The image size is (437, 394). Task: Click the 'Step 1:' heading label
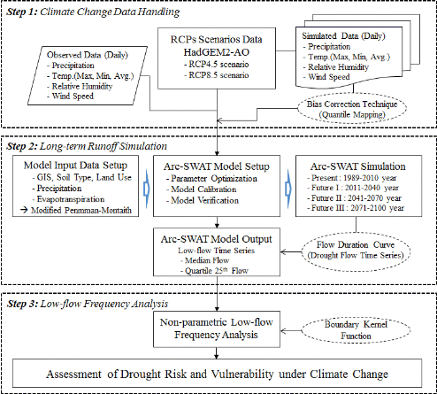(x=22, y=12)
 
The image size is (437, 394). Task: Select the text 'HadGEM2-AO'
(x=217, y=52)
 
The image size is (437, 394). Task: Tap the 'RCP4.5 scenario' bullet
(x=217, y=65)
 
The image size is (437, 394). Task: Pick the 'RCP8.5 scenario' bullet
(x=217, y=75)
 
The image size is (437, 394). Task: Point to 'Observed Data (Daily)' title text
(x=88, y=55)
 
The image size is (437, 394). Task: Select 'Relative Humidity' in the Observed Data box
(x=80, y=86)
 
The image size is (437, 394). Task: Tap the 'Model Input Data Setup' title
(x=75, y=166)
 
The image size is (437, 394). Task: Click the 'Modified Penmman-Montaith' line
(x=76, y=210)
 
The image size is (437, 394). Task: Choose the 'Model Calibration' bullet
(x=201, y=189)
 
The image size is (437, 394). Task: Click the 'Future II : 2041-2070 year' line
(x=354, y=197)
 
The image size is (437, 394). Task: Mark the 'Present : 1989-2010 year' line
(x=351, y=178)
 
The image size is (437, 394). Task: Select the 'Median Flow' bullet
(x=204, y=260)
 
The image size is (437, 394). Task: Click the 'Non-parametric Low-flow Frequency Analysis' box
(x=217, y=328)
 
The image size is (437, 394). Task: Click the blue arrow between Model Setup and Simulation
(x=288, y=189)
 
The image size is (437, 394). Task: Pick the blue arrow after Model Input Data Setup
(x=147, y=189)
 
